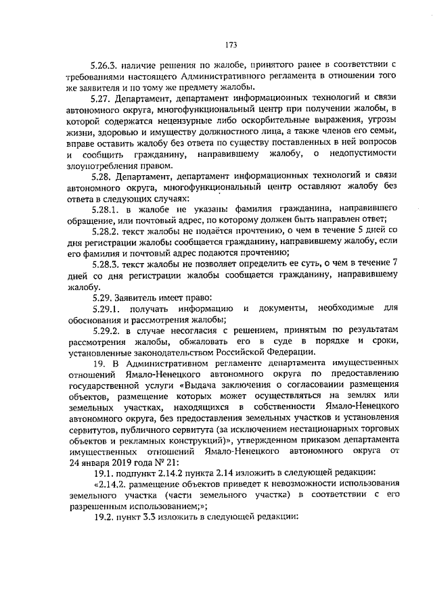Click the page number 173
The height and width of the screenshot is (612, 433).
click(230, 46)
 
